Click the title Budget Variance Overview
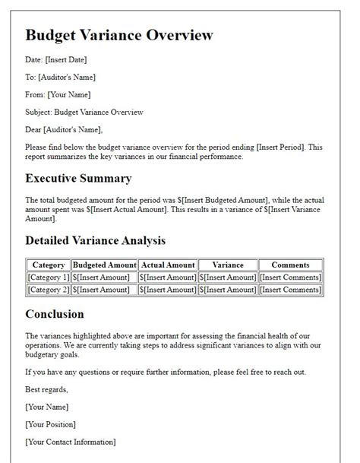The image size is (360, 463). pyautogui.click(x=119, y=35)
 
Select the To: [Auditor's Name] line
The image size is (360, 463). pyautogui.click(x=60, y=77)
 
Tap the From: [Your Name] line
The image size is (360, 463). pyautogui.click(x=58, y=94)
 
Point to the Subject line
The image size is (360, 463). pyautogui.click(x=84, y=112)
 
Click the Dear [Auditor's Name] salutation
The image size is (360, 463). pyautogui.click(x=64, y=129)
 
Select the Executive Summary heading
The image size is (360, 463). pyautogui.click(x=78, y=179)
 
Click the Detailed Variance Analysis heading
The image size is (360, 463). pyautogui.click(x=95, y=240)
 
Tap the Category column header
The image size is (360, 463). pyautogui.click(x=49, y=265)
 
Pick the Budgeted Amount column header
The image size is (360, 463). pyautogui.click(x=105, y=265)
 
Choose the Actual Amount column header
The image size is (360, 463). pyautogui.click(x=167, y=265)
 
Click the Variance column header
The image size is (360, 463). pyautogui.click(x=228, y=265)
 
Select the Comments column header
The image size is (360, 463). pyautogui.click(x=290, y=265)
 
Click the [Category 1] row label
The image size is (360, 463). pyautogui.click(x=49, y=277)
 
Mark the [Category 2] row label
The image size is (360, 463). pyautogui.click(x=49, y=289)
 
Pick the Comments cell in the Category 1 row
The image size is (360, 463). pyautogui.click(x=290, y=277)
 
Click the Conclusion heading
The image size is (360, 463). pyautogui.click(x=55, y=313)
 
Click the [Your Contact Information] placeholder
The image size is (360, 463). pyautogui.click(x=71, y=442)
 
